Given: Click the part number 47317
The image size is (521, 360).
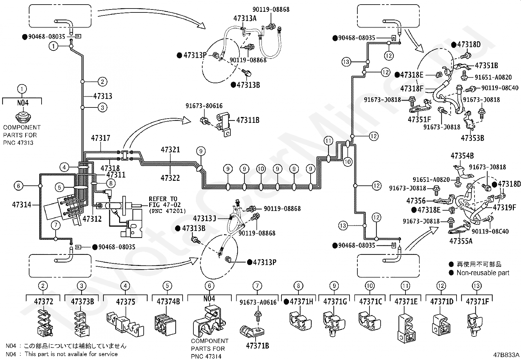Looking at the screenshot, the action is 100,138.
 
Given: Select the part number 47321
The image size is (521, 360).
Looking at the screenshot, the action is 170,149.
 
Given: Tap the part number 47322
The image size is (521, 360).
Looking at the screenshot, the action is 170,178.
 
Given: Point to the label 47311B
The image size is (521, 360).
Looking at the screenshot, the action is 248,120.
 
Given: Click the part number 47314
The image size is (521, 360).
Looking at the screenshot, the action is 21,205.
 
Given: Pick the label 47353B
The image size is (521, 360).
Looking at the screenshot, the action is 472,138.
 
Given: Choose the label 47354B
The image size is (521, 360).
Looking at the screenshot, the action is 462,156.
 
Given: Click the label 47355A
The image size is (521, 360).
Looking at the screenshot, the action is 461,241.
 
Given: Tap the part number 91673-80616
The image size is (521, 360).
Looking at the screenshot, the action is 204,106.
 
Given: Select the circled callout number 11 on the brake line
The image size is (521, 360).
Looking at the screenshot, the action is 328,141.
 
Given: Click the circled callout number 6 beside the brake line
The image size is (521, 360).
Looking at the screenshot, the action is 19,186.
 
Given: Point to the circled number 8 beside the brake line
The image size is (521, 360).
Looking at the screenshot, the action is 111,183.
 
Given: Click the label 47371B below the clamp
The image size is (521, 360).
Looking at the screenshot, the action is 258,346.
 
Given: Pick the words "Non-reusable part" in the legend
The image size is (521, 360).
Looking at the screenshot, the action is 483,273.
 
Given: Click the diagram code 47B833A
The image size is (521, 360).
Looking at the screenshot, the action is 506,355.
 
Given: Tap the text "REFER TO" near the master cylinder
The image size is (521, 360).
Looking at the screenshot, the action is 163,199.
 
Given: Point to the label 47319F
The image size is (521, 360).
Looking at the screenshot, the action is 505,207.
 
